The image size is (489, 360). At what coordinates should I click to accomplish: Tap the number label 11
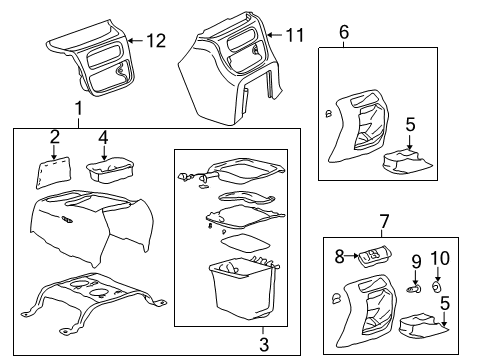pyautogui.click(x=293, y=35)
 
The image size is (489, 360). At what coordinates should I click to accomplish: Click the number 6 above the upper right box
pyautogui.click(x=343, y=32)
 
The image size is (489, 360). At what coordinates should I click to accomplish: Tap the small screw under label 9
pyautogui.click(x=411, y=288)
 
